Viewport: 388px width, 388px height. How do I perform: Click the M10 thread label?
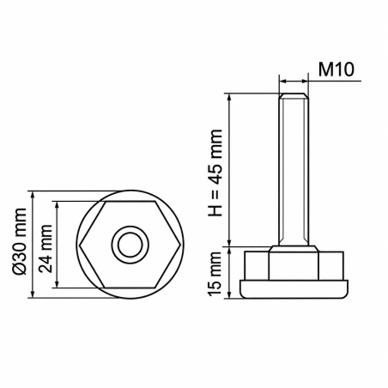coord(336,70)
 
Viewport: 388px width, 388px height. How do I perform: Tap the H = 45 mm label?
coord(215,173)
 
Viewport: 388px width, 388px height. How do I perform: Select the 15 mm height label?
coord(215,274)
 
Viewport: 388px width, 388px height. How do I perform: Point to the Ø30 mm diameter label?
coord(20,241)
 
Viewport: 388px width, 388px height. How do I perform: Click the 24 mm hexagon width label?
coord(45,249)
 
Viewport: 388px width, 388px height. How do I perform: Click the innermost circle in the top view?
coord(130,245)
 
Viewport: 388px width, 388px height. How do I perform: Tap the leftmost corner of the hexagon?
coord(80,245)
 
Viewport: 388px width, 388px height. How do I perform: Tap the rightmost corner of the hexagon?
coord(180,245)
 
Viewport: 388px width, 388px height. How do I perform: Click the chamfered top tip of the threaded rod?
coord(294,95)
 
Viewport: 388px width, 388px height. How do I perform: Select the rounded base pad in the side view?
coord(294,289)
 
